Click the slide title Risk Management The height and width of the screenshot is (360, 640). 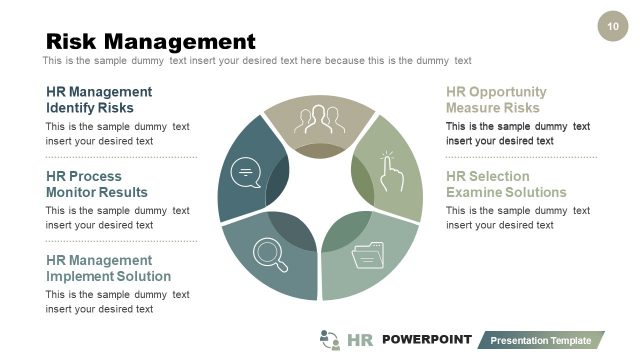(151, 41)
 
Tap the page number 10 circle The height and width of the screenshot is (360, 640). (612, 25)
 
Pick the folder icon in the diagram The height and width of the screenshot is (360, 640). (368, 255)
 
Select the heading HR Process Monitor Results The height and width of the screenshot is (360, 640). (97, 184)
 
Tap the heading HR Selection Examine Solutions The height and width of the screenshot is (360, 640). (506, 184)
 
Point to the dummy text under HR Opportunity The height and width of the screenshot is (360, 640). (517, 133)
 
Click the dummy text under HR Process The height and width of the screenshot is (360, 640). (117, 217)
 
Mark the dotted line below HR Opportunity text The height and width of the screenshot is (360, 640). (521, 157)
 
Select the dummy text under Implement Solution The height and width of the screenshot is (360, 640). (117, 301)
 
